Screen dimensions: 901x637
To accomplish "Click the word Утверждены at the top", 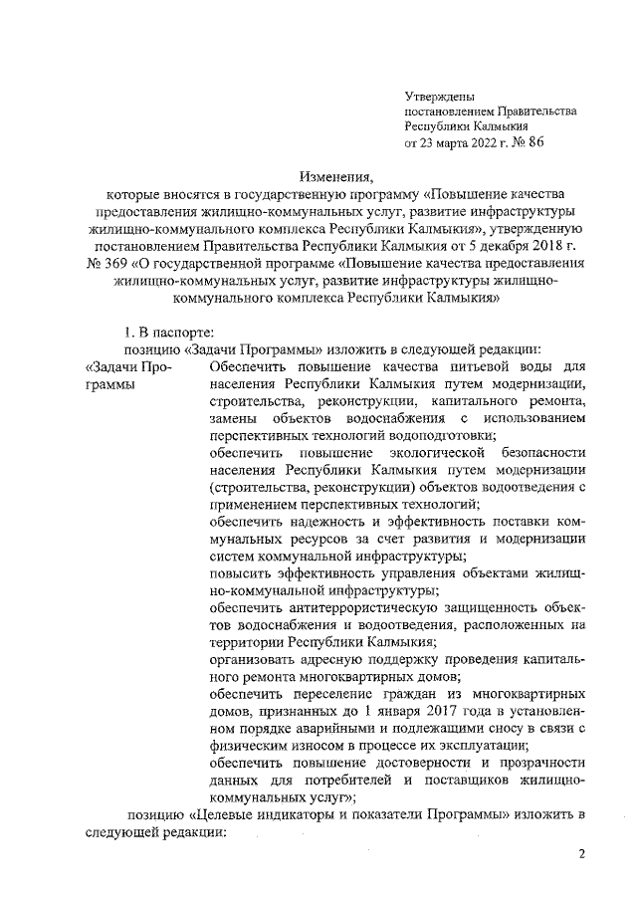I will [439, 95].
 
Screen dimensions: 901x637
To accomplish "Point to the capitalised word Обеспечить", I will [248, 368].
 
